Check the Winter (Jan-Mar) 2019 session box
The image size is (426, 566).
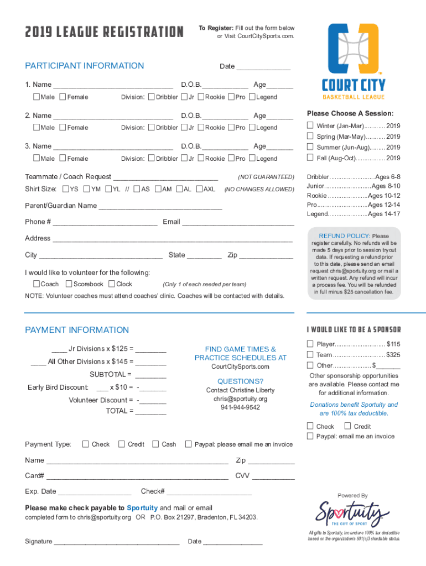pyautogui.click(x=310, y=125)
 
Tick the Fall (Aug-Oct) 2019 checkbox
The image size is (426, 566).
pyautogui.click(x=310, y=158)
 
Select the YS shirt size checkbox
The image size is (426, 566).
pyautogui.click(x=65, y=189)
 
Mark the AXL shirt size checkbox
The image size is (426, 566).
pyautogui.click(x=200, y=189)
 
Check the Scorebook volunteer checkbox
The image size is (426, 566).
pyautogui.click(x=69, y=284)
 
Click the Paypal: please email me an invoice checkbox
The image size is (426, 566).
pyautogui.click(x=189, y=444)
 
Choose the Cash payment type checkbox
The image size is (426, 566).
pyautogui.click(x=155, y=444)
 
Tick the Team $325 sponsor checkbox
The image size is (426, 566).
pyautogui.click(x=310, y=354)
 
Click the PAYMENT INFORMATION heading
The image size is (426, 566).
pyautogui.click(x=77, y=330)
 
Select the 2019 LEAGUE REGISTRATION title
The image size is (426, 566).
pyautogui.click(x=105, y=32)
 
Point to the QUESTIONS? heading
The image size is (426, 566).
pyautogui.click(x=240, y=381)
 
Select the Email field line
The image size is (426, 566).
pyautogui.click(x=238, y=224)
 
